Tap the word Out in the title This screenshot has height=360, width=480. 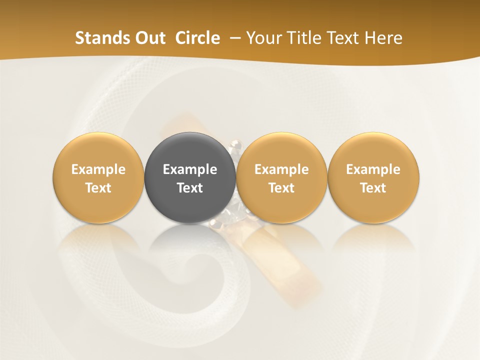click(x=149, y=38)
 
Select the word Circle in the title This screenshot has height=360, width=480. click(x=197, y=38)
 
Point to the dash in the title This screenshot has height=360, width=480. click(x=233, y=38)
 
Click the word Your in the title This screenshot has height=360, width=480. click(x=264, y=38)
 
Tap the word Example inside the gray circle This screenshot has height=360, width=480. click(x=190, y=169)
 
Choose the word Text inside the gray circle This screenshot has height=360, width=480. click(x=190, y=188)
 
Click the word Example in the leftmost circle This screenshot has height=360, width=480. click(x=98, y=169)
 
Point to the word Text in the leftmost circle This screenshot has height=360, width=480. click(x=98, y=188)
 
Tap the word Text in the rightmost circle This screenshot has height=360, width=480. click(x=373, y=188)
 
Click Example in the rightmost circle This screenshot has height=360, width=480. click(x=373, y=169)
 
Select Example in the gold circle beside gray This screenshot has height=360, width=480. click(x=281, y=169)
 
